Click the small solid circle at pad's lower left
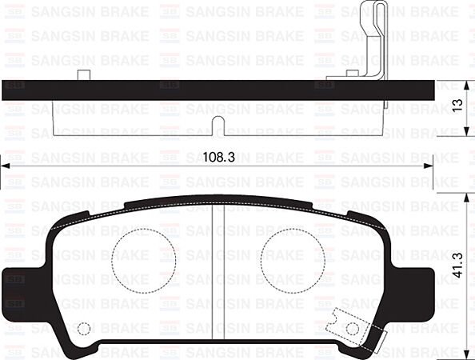84,328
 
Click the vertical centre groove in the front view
218,272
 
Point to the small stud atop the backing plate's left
82,76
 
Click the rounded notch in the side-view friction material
218,121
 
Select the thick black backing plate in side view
200,90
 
